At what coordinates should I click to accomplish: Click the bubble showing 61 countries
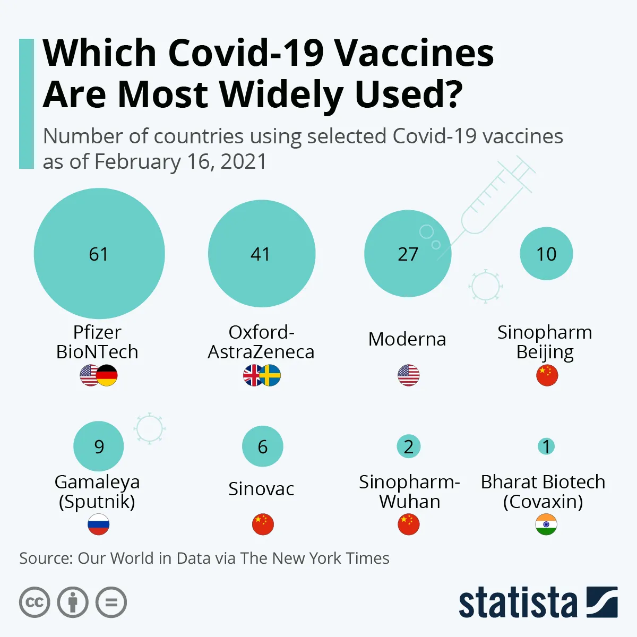(99, 254)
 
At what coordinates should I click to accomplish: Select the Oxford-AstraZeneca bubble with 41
(262, 254)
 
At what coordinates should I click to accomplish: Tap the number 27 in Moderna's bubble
(408, 254)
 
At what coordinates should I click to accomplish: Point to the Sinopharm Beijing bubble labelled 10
(546, 254)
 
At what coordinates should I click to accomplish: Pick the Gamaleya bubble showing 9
(99, 446)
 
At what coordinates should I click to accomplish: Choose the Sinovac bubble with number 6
(262, 446)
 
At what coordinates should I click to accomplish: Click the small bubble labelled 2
(408, 446)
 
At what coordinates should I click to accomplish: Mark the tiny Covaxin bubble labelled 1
(546, 446)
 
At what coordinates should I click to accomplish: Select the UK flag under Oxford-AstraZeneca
(252, 376)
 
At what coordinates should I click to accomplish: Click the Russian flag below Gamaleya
(99, 524)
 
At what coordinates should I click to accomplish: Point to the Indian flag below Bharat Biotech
(546, 524)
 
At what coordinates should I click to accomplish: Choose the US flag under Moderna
(408, 376)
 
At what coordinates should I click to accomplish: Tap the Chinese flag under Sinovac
(263, 524)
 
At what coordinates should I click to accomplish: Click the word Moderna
(407, 339)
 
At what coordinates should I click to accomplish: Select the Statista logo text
(518, 603)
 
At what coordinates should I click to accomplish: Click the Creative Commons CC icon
(35, 602)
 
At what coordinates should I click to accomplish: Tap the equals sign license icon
(111, 602)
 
